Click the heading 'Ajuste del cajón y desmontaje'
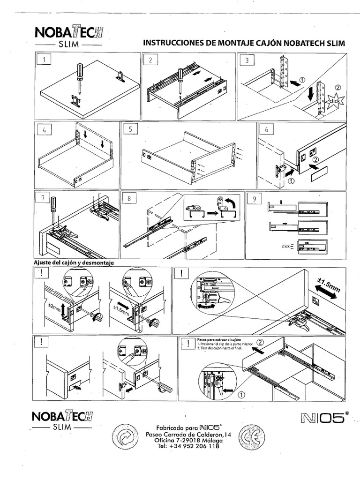74,263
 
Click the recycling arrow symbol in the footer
125,437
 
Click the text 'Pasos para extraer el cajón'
216,338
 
